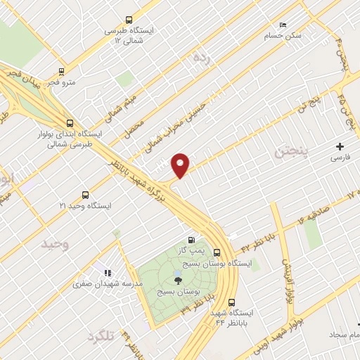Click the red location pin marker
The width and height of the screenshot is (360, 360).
pyautogui.click(x=181, y=164)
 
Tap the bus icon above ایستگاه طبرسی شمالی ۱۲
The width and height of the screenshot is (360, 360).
pyautogui.click(x=128, y=20)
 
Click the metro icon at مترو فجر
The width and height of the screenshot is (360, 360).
pyautogui.click(x=62, y=71)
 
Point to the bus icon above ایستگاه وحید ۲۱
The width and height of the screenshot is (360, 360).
pyautogui.click(x=86, y=195)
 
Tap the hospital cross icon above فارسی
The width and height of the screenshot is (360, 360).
pyautogui.click(x=340, y=147)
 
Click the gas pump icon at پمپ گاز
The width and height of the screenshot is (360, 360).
pyautogui.click(x=191, y=240)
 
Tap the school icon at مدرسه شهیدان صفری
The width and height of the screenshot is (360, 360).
pyautogui.click(x=108, y=273)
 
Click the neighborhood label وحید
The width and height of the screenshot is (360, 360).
pyautogui.click(x=56, y=244)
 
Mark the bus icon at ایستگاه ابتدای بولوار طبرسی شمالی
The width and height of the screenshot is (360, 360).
pyautogui.click(x=68, y=121)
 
